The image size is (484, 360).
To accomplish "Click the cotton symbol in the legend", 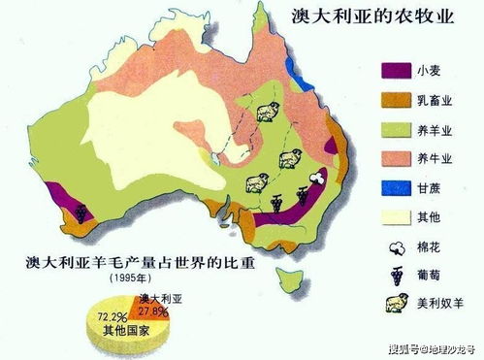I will [x=398, y=246].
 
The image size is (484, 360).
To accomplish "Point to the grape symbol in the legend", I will [x=398, y=275].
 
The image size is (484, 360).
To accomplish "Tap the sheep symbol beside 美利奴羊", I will [x=398, y=305].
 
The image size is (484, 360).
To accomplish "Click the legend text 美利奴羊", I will [x=443, y=305].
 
